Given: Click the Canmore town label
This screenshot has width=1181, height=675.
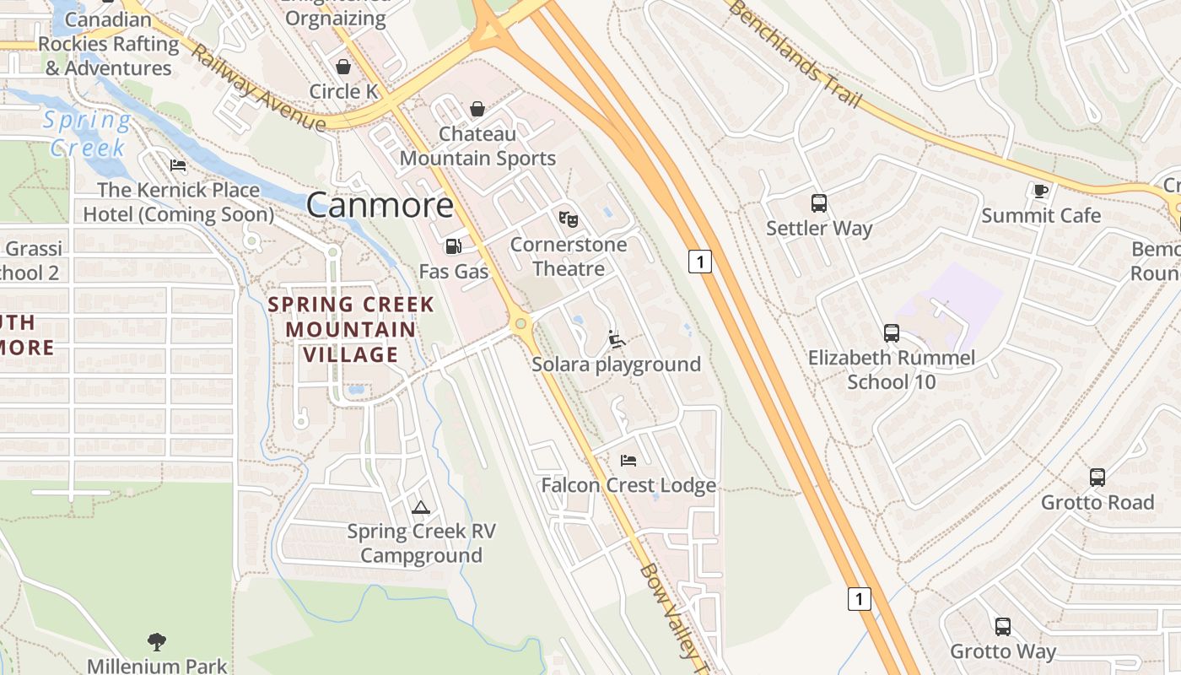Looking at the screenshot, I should click(x=380, y=205).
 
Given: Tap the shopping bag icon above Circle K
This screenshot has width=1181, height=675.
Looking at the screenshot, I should click(x=343, y=67).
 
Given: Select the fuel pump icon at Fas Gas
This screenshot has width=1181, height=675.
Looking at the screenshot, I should click(x=453, y=246).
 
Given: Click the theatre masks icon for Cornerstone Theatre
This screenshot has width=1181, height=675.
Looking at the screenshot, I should click(x=569, y=219).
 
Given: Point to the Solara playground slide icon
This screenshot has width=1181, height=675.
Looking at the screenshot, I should click(x=617, y=339).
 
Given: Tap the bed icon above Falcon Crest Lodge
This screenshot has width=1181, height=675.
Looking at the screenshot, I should click(x=628, y=460).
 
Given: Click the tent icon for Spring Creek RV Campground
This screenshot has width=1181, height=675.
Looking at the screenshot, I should click(x=420, y=507).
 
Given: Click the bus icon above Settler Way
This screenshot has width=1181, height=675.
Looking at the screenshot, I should click(x=818, y=203).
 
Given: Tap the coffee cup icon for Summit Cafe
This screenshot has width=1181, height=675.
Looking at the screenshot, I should click(x=1041, y=191).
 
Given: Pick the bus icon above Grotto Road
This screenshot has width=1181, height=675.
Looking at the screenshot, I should click(x=1097, y=478).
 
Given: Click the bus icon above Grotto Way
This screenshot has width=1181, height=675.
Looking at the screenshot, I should click(x=1002, y=627).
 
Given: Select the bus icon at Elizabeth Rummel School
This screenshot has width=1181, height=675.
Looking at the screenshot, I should click(x=891, y=333).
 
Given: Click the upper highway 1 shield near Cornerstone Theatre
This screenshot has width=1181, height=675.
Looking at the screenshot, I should click(x=699, y=262).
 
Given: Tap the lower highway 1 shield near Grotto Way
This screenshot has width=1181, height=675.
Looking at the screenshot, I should click(x=858, y=599).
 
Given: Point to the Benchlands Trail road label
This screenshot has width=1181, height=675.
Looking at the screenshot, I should click(x=795, y=54).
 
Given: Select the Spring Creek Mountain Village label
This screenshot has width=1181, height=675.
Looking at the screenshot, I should click(x=351, y=329).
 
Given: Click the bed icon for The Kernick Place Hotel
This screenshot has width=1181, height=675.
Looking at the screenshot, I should click(x=178, y=165).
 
